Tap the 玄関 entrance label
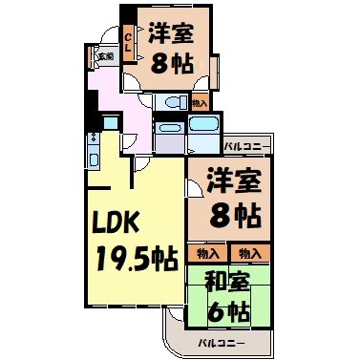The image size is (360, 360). [102, 56]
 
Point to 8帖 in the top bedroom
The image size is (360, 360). [172, 67]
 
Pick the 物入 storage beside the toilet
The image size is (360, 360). [200, 102]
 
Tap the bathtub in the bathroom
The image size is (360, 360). [204, 127]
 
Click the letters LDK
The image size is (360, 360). [116, 222]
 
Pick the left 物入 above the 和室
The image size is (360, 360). [209, 253]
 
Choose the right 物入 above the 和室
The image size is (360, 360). [250, 253]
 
